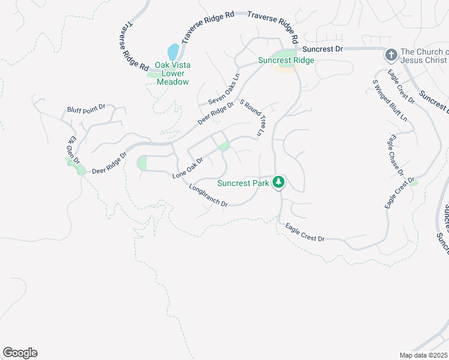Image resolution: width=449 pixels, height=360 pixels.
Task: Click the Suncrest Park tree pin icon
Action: point(278,181)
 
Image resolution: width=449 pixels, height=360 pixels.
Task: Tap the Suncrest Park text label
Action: point(243,183)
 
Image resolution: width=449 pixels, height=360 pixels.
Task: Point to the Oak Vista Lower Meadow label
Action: point(172,73)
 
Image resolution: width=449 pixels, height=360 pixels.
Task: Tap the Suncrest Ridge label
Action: point(286,60)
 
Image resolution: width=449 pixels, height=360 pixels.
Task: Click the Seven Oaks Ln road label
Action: point(223,89)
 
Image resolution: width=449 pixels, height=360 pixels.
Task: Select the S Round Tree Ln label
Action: point(252,117)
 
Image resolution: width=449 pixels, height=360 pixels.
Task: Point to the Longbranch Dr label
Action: point(208,196)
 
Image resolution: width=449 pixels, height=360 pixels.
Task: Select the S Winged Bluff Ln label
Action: point(393,99)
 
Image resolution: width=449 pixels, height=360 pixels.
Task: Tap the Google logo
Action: point(20,353)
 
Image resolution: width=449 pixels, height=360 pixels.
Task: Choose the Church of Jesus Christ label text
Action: point(423,56)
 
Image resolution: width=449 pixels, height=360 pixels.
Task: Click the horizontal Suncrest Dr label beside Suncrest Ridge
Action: point(322,49)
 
